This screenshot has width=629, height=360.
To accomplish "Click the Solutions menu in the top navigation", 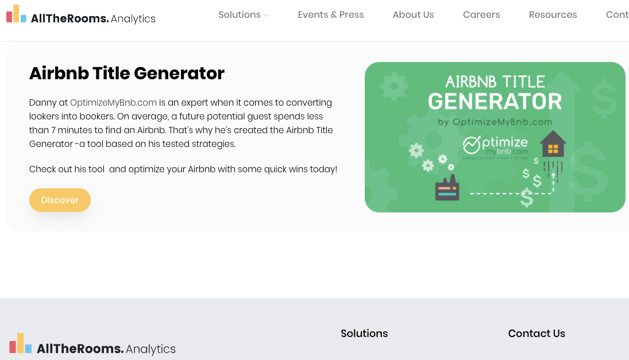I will coord(240,15).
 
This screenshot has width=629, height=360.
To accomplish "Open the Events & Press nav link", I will coord(331,15).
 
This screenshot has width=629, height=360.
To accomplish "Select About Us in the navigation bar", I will coord(413,15).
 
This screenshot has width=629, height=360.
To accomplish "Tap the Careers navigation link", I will coord(481,15).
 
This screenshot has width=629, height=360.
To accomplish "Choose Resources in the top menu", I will coord(553,15).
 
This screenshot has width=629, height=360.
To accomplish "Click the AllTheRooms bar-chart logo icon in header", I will coord(16,14).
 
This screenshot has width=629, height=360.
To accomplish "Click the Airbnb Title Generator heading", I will coord(127,73).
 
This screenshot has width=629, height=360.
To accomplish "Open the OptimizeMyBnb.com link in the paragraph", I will coord(113,103).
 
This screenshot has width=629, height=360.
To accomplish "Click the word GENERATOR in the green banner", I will coord(495,102).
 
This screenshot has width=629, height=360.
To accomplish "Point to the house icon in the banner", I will coord(553,144).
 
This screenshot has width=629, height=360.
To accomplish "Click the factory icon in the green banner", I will coord(447,189).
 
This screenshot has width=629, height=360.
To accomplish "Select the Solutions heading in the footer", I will coord(364,334).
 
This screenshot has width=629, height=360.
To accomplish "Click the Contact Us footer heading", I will coord(537,334).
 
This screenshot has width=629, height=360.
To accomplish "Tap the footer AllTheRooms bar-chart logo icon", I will coord(20,343).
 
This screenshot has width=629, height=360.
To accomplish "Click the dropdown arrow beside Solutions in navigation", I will coord(267,16).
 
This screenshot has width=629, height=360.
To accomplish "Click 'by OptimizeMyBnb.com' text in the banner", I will coord(495,122).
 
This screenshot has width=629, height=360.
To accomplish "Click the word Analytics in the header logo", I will coord(133,19).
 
